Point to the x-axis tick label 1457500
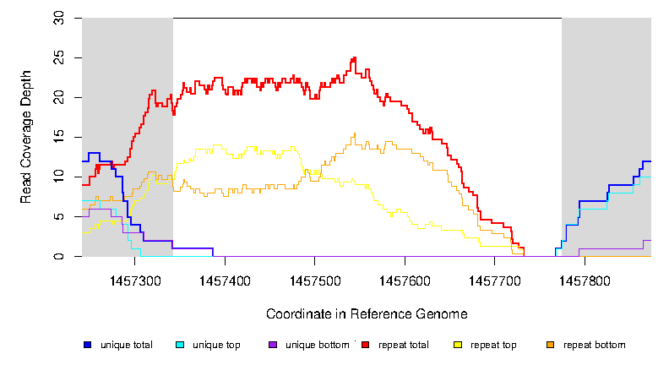coord(315,279)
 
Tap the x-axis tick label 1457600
coord(405,279)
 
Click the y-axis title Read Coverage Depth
coord(26,137)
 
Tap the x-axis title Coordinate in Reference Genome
coord(367,313)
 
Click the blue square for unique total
coord(86,345)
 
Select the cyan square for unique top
coord(179,345)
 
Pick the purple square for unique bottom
coord(271,345)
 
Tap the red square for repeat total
coord(365,345)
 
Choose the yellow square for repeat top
coord(457,345)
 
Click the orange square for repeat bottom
coord(550,345)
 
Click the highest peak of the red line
coord(354,58)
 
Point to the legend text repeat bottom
coord(595,345)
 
